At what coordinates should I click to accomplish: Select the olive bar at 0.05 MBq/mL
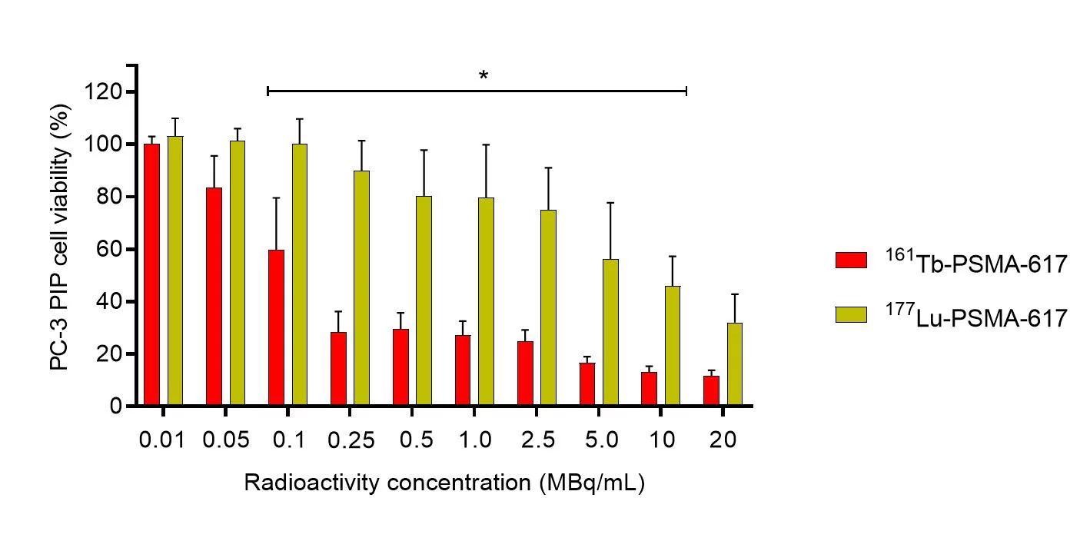tap(237, 273)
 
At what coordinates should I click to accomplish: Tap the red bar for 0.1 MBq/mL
tap(276, 327)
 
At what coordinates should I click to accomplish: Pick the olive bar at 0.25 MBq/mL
tap(361, 288)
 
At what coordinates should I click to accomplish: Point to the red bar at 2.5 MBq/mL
tap(525, 373)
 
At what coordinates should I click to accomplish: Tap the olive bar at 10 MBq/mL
tap(673, 345)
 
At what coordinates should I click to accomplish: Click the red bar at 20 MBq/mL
tap(711, 390)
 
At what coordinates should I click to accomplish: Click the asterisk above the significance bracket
tap(484, 76)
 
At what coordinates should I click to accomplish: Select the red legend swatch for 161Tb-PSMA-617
tap(851, 261)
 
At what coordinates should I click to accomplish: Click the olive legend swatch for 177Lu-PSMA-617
tap(851, 314)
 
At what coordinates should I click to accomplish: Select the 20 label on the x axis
tap(723, 440)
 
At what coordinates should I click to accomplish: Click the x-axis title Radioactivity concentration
tap(444, 483)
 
